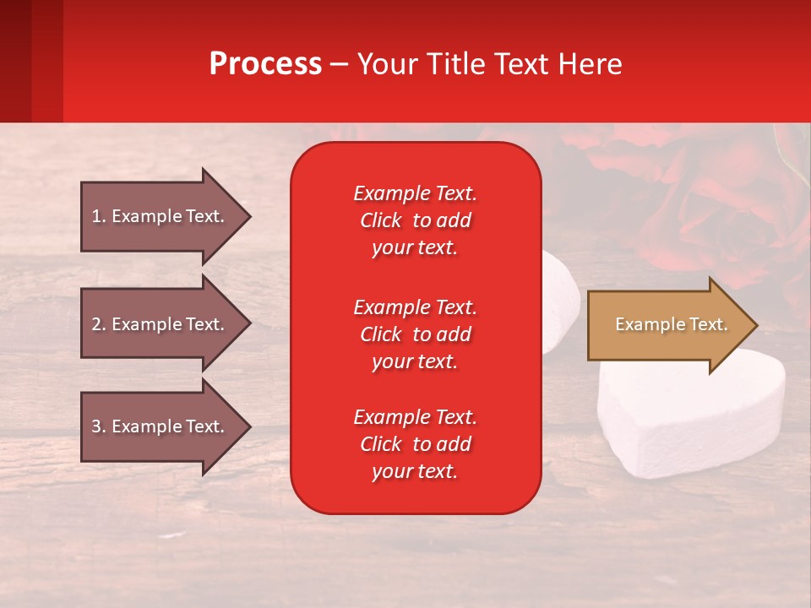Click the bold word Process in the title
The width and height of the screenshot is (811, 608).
pos(265,64)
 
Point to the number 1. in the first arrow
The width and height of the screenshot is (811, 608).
pos(99,216)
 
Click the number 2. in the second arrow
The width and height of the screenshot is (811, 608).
pos(99,324)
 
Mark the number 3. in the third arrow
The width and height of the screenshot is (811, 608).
pos(99,426)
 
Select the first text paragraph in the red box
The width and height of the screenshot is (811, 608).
pos(415,220)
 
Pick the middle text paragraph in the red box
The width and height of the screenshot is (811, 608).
pos(415,334)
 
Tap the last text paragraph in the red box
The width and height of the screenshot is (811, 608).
pos(415,444)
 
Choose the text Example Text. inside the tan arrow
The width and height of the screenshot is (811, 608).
pos(671,324)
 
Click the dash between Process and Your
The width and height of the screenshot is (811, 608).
pos(339,65)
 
